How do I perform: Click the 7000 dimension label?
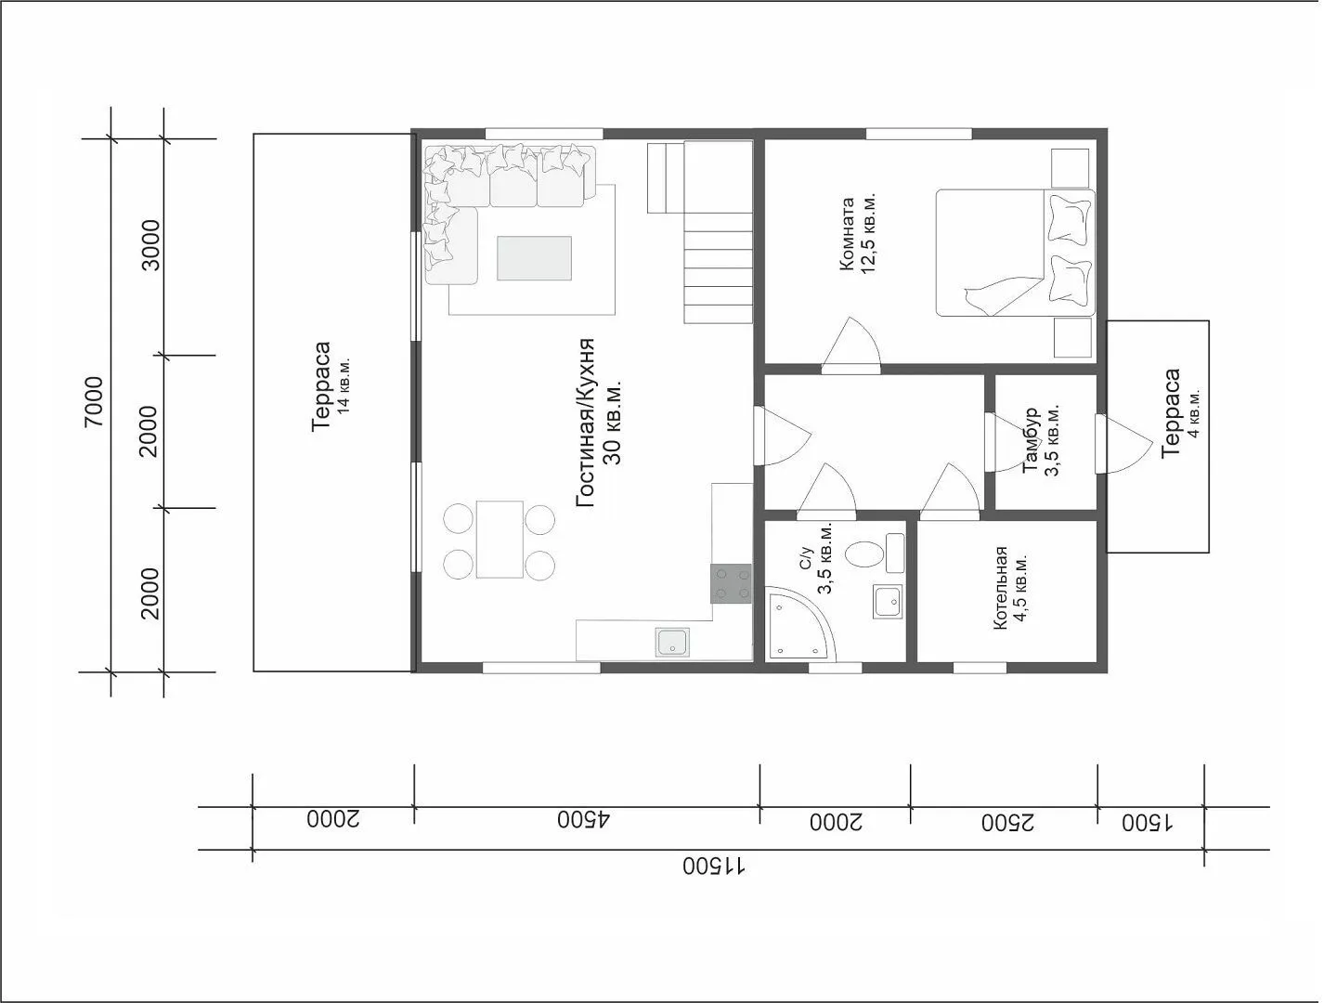click(x=94, y=401)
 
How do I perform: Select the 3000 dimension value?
click(x=149, y=245)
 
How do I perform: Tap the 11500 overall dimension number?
click(x=714, y=866)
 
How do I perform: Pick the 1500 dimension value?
click(x=1147, y=823)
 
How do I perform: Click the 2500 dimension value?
click(x=1007, y=823)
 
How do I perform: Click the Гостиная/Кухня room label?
click(x=585, y=423)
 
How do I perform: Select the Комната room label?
click(x=847, y=234)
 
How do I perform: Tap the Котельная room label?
click(x=1000, y=588)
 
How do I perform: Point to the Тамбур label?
click(x=1031, y=439)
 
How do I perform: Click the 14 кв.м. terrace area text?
click(x=344, y=385)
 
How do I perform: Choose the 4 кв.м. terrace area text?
click(x=1194, y=413)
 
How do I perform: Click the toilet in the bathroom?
click(x=874, y=554)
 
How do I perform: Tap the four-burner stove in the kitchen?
click(x=731, y=583)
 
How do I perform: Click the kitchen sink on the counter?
click(x=672, y=643)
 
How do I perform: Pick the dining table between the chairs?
click(x=500, y=539)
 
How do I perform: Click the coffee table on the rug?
click(x=534, y=258)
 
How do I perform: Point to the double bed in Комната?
click(x=1015, y=253)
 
